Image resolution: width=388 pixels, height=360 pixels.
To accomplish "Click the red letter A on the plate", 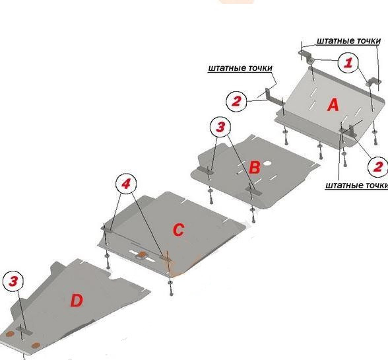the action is tap(333, 104).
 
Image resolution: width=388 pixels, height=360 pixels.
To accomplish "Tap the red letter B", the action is tap(255, 167).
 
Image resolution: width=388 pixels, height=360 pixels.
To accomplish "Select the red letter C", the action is tap(178, 230).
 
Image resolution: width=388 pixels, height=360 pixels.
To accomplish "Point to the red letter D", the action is tap(77, 301).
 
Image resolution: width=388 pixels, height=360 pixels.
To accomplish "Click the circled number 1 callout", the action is tap(348, 63).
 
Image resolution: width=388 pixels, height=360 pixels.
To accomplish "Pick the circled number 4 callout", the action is tap(126, 184).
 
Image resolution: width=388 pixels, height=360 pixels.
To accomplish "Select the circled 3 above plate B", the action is tap(220, 127).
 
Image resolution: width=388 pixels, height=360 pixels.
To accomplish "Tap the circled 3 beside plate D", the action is tap(13, 281).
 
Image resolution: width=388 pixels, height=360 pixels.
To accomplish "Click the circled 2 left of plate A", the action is tap(236, 101).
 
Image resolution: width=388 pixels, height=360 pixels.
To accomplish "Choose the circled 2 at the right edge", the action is tap(378, 166).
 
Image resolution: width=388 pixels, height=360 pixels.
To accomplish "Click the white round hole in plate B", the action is tap(267, 163).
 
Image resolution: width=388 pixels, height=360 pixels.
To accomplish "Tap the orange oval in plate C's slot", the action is tap(143, 254).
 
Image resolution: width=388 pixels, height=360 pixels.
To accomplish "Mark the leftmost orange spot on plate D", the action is tap(10, 334).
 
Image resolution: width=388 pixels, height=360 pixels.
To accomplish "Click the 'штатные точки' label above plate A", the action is tap(348, 41).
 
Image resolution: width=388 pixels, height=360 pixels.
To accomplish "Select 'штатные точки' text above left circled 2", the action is tap(240, 68).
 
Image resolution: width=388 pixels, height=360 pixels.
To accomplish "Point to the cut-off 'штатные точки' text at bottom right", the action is tap(356, 186).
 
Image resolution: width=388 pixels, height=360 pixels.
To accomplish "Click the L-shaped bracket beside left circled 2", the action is tap(273, 98).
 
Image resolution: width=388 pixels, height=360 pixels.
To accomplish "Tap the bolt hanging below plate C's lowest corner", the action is tap(171, 287).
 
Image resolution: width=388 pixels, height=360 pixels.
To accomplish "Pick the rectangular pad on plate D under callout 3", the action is tap(24, 330).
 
